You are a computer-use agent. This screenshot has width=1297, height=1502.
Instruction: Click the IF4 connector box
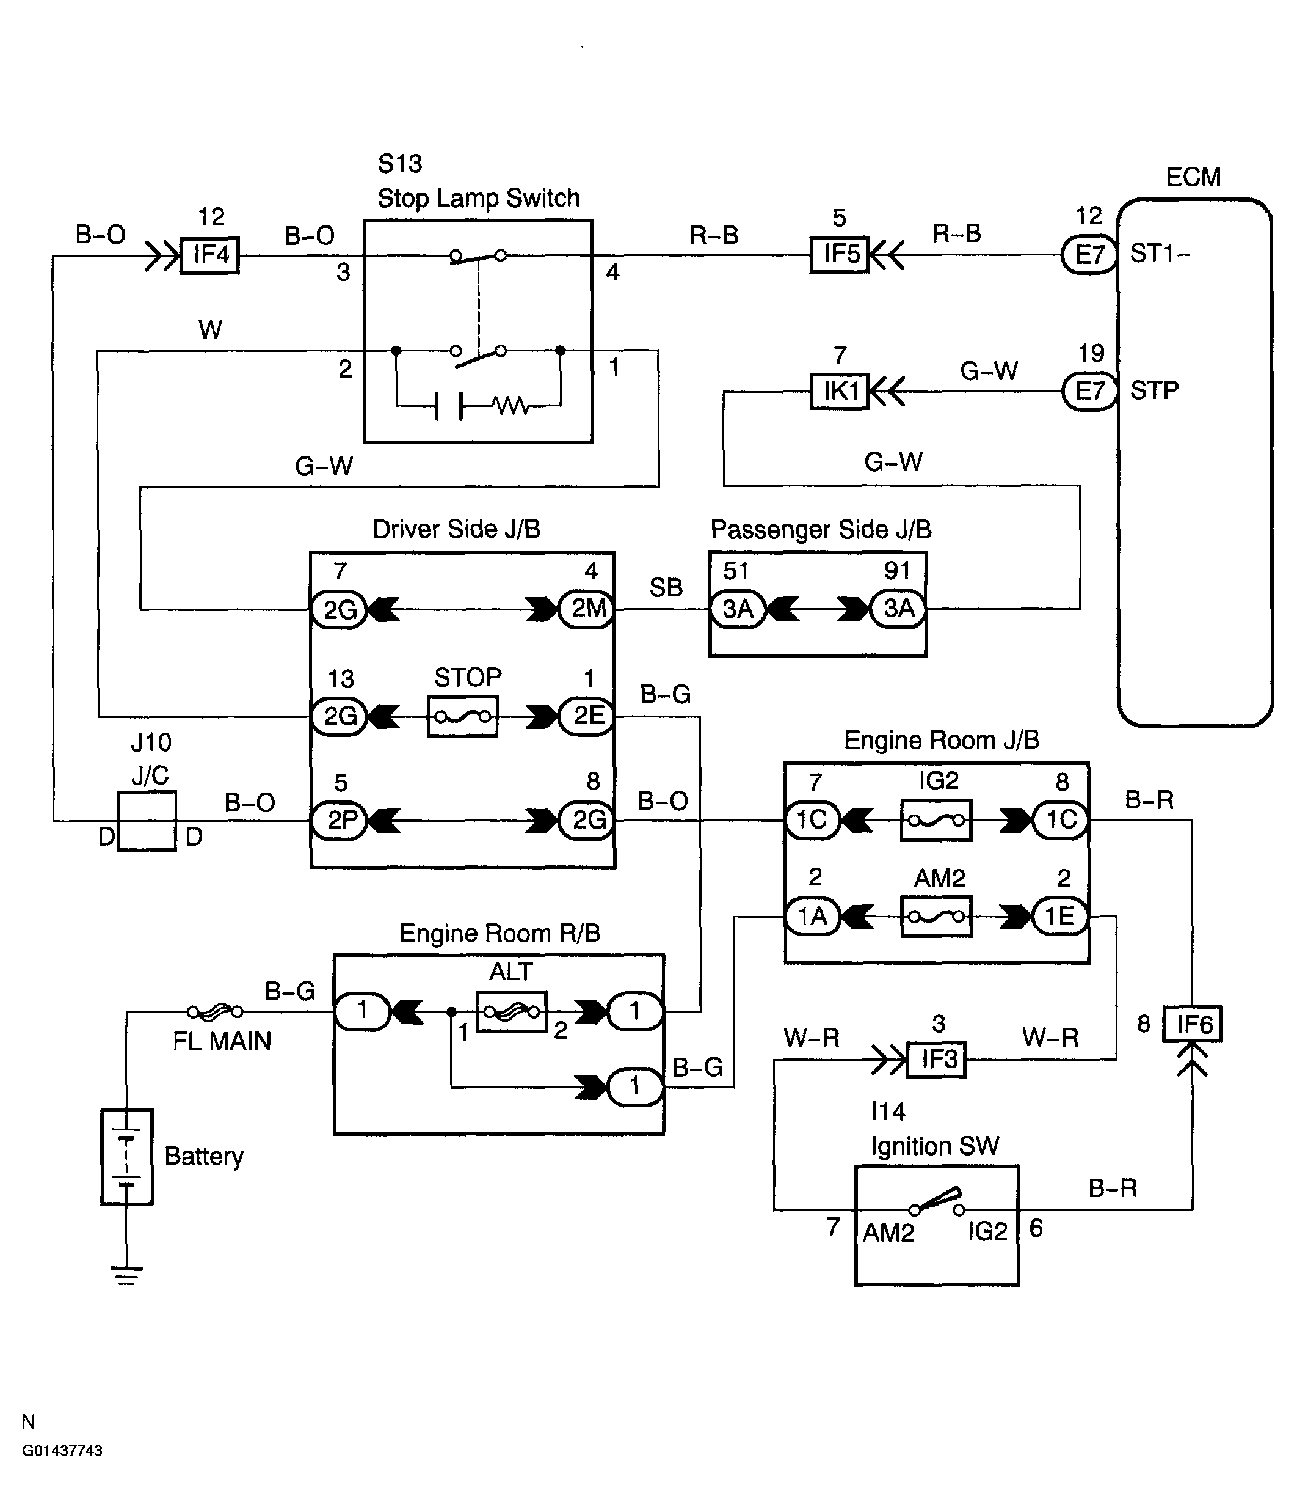[209, 255]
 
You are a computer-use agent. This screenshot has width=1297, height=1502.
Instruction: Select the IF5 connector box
[839, 254]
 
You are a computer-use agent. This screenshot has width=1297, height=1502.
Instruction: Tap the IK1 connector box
[839, 392]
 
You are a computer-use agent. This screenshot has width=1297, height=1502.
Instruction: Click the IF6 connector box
[1192, 1024]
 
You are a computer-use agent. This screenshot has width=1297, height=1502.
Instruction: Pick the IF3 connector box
[937, 1059]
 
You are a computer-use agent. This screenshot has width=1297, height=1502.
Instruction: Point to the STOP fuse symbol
[462, 716]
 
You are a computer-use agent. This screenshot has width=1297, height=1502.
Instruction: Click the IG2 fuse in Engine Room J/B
[936, 821]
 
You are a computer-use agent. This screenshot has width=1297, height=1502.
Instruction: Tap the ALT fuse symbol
[512, 1011]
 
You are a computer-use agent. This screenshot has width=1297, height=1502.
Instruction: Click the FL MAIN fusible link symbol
[215, 1011]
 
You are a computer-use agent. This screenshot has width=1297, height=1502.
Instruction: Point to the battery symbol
[127, 1157]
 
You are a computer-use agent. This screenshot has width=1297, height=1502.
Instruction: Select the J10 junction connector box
[147, 821]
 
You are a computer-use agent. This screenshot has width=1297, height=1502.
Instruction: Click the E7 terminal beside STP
[1089, 392]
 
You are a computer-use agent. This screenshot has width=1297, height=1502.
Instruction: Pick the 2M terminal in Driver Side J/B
[587, 608]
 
